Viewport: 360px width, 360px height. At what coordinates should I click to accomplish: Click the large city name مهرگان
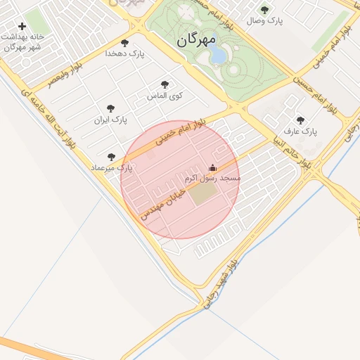click(x=196, y=39)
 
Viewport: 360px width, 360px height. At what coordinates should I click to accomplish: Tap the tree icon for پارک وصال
click(x=264, y=10)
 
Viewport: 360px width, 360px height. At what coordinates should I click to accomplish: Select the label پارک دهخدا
click(x=124, y=53)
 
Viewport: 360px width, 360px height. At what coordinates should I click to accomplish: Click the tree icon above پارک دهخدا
click(x=125, y=43)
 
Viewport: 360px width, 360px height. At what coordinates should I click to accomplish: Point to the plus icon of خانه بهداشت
click(x=22, y=26)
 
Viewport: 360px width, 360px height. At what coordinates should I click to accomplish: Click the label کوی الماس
click(x=165, y=95)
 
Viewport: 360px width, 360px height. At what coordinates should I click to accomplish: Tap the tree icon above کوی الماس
click(x=165, y=84)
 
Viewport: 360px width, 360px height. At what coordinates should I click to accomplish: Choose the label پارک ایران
click(x=111, y=120)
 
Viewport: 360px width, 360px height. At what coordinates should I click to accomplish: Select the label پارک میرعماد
click(x=112, y=168)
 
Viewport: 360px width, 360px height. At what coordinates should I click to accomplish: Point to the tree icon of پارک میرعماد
click(x=111, y=157)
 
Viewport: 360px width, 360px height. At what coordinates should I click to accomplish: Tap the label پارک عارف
click(x=301, y=131)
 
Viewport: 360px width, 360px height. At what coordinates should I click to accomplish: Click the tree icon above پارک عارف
click(x=301, y=121)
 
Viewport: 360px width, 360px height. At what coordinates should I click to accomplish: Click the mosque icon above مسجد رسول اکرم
click(x=212, y=168)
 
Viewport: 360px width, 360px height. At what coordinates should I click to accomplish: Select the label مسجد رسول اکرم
click(x=213, y=179)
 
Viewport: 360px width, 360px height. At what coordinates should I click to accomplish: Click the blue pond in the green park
click(x=219, y=54)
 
